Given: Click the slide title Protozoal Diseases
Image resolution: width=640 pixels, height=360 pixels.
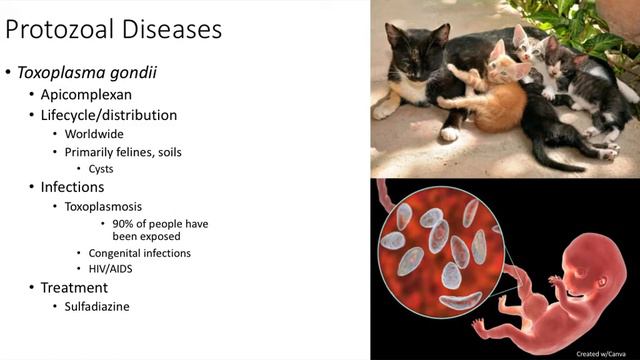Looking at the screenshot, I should (114, 30).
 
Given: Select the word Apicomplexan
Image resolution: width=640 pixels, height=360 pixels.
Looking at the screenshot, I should (85, 95).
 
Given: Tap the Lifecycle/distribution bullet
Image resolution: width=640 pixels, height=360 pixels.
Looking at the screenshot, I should (109, 115).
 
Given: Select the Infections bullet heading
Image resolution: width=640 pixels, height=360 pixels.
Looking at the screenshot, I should (74, 187).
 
